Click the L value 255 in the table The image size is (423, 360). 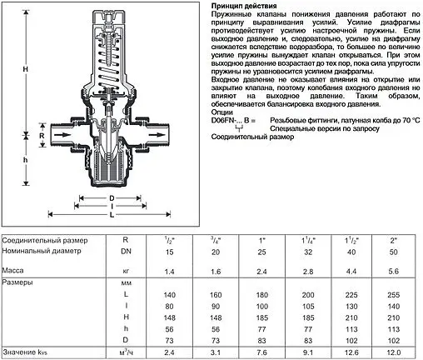tap(396, 296)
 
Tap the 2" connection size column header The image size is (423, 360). tap(396, 241)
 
